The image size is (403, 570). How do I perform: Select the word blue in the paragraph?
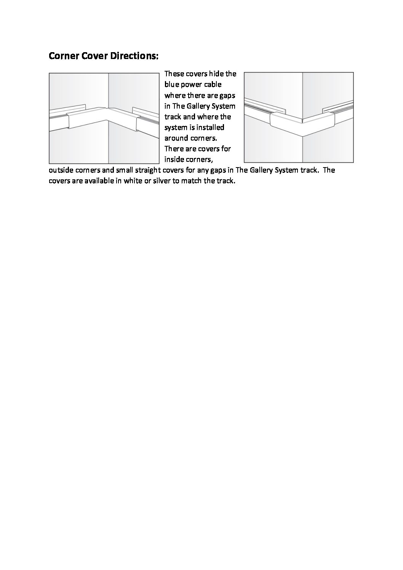[x=171, y=84]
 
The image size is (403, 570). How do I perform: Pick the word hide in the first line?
[x=216, y=73]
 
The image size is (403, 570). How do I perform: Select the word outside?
[x=61, y=170]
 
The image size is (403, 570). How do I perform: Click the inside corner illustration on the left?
[x=104, y=118]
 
